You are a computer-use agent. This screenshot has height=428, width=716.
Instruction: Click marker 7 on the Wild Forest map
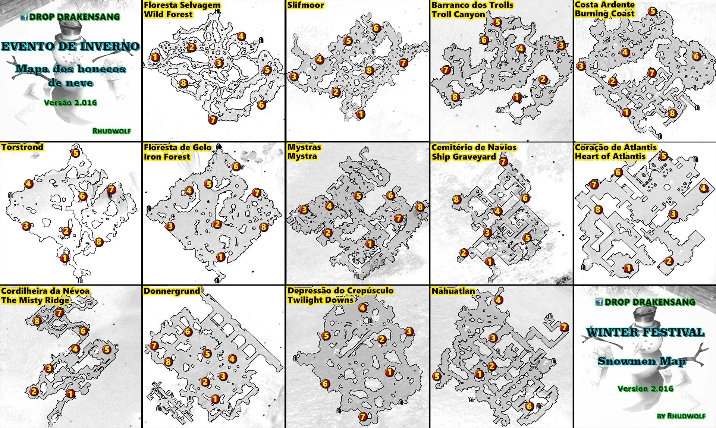tap(213, 120)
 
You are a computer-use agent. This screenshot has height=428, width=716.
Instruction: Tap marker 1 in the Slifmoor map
tap(360, 114)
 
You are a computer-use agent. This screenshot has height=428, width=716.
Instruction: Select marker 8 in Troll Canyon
tap(455, 97)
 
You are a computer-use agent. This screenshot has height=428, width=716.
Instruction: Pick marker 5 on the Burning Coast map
tap(652, 11)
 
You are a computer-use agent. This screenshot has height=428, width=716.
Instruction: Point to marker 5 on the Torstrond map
tap(76, 153)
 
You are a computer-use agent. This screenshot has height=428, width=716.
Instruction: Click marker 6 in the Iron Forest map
tap(236, 166)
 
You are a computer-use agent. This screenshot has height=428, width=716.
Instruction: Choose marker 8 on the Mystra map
tap(420, 207)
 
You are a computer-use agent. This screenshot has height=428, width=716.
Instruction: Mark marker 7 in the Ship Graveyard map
tap(503, 162)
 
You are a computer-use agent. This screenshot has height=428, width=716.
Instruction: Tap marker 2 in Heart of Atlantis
tap(669, 261)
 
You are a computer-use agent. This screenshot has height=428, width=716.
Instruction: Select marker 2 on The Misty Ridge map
tap(34, 391)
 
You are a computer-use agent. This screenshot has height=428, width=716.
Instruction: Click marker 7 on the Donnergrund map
tap(154, 346)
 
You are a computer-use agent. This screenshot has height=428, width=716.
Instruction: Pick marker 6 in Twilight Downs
tap(325, 384)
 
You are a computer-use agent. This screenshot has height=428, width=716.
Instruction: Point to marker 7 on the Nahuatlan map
tap(564, 327)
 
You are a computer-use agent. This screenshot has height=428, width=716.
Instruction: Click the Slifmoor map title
tap(305, 5)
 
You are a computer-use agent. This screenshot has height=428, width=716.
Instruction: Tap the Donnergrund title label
tap(172, 291)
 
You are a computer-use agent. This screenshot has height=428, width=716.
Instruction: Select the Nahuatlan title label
tap(453, 291)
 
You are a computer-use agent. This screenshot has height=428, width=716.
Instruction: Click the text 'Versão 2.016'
tap(70, 103)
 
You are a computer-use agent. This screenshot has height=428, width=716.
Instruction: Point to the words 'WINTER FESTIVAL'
tap(645, 332)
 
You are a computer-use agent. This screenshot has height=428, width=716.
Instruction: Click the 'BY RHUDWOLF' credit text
tap(681, 416)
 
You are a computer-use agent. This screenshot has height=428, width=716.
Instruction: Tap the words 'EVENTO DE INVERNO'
tap(70, 47)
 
